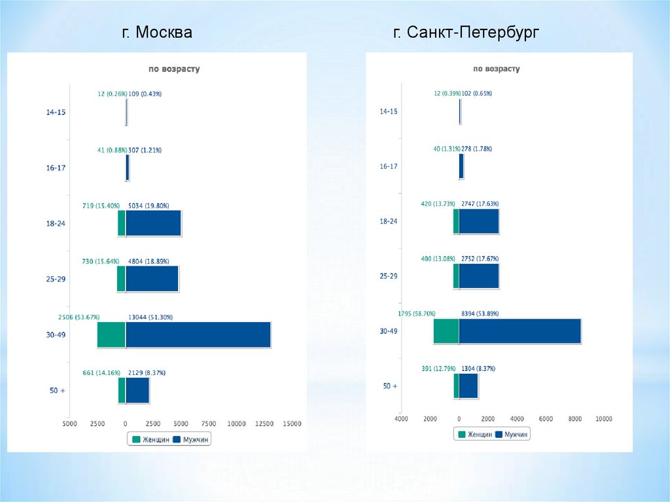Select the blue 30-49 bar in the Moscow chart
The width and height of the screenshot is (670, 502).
[198, 334]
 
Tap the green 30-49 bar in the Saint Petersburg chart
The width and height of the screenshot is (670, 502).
[446, 331]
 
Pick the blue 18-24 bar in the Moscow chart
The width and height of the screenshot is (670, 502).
[153, 223]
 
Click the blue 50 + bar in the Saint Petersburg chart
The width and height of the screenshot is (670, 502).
[468, 386]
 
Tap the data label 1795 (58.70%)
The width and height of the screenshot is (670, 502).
[417, 314]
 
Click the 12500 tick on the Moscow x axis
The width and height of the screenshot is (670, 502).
[264, 424]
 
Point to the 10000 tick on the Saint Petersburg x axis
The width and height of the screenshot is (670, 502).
[603, 418]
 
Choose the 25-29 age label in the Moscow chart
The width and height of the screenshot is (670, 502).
[56, 279]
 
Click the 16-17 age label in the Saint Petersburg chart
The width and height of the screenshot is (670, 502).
[389, 167]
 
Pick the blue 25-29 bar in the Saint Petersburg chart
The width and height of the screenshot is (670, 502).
[479, 276]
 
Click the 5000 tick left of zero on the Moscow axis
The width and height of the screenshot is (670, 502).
[69, 424]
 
